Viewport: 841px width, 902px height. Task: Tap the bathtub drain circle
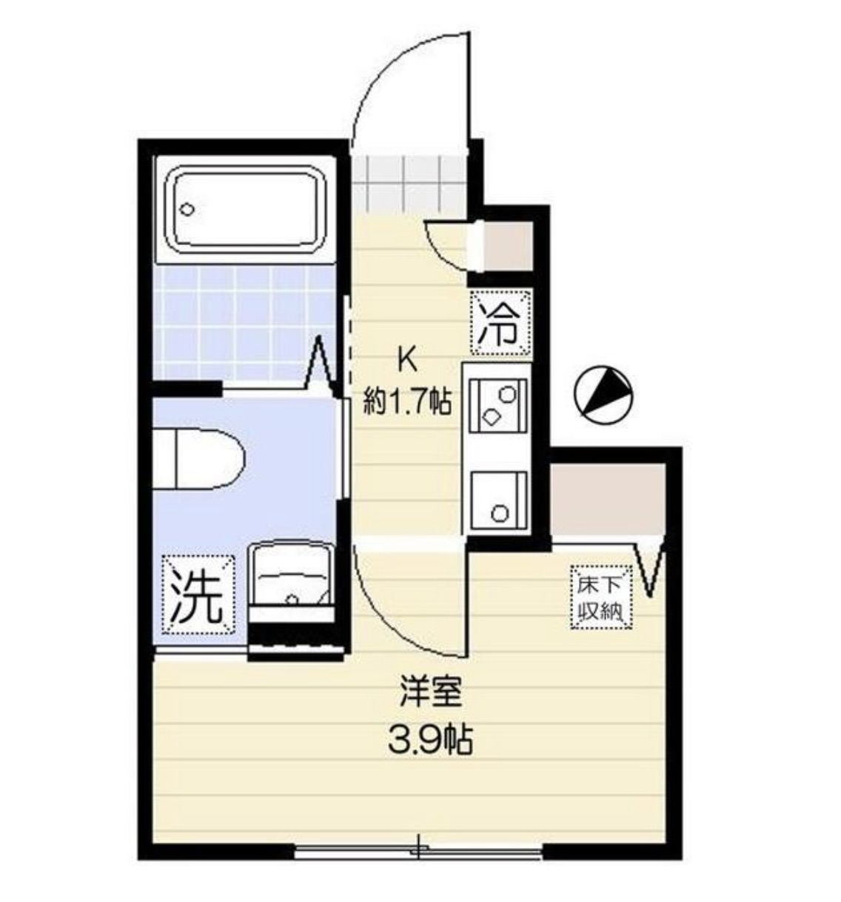187,210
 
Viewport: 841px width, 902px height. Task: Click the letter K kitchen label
406,361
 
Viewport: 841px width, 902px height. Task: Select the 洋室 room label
430,692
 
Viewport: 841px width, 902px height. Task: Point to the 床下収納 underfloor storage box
601,598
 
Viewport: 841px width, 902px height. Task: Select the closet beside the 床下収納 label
607,500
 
